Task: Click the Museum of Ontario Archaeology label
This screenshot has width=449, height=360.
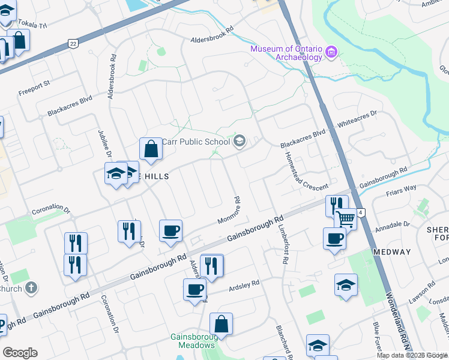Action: (287, 53)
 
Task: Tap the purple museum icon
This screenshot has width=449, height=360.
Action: (331, 53)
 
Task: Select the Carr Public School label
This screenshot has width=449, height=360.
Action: (196, 142)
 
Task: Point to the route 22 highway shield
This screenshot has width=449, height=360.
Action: (73, 44)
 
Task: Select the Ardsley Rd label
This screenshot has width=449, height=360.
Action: (243, 285)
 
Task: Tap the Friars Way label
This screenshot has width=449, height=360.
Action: (402, 188)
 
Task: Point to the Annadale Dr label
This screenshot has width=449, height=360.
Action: (392, 227)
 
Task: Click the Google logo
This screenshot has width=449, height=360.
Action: (20, 352)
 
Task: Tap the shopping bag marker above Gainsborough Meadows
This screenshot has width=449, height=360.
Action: (221, 324)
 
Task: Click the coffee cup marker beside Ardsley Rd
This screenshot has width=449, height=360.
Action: (194, 290)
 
